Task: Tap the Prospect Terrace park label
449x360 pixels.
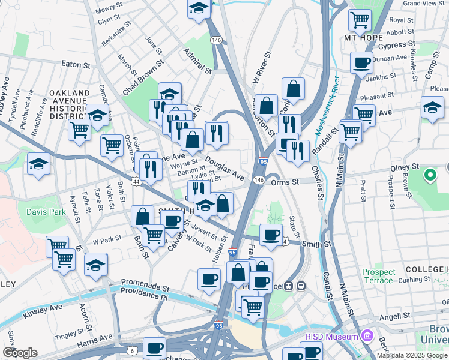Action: coord(379,276)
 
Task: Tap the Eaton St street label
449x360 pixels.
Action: coord(75,64)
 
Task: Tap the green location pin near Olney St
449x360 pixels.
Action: coord(430,175)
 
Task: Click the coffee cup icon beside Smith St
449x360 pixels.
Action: coord(271,235)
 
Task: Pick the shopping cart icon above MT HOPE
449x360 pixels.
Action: coord(360,19)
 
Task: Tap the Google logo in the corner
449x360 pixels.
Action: coord(20,353)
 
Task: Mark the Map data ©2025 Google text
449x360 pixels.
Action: coord(412,355)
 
